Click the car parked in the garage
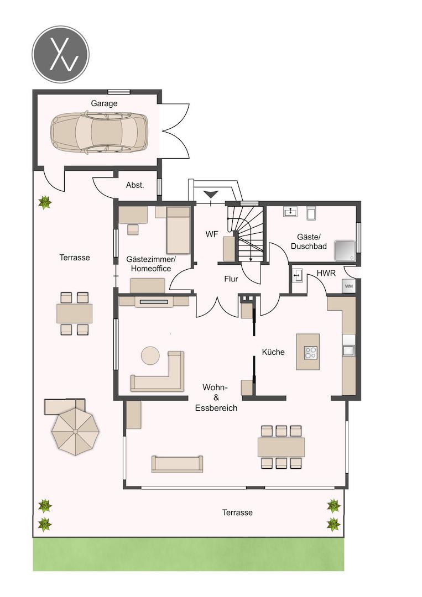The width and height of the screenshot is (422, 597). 99,132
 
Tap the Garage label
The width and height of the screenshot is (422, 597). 104,103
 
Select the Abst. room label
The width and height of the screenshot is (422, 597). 135,185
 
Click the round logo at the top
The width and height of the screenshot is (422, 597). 60,54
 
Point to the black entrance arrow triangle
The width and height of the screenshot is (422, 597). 211,194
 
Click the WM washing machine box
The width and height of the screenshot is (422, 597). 348,286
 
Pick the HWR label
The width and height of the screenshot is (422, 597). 326,274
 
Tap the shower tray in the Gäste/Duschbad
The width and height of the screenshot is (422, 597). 345,250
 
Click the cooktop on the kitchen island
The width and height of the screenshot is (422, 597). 310,352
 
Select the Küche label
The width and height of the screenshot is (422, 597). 273,352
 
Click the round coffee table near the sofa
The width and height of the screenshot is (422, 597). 150,355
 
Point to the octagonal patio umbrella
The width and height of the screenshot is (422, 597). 75,431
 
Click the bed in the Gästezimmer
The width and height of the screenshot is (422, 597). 178,231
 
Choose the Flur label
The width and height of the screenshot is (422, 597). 231,279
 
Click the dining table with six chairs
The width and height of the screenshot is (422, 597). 281,447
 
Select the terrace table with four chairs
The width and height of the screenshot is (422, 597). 74,314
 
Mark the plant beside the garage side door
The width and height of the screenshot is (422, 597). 45,202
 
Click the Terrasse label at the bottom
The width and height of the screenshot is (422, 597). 237,512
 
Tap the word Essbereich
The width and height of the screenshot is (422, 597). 216,408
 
